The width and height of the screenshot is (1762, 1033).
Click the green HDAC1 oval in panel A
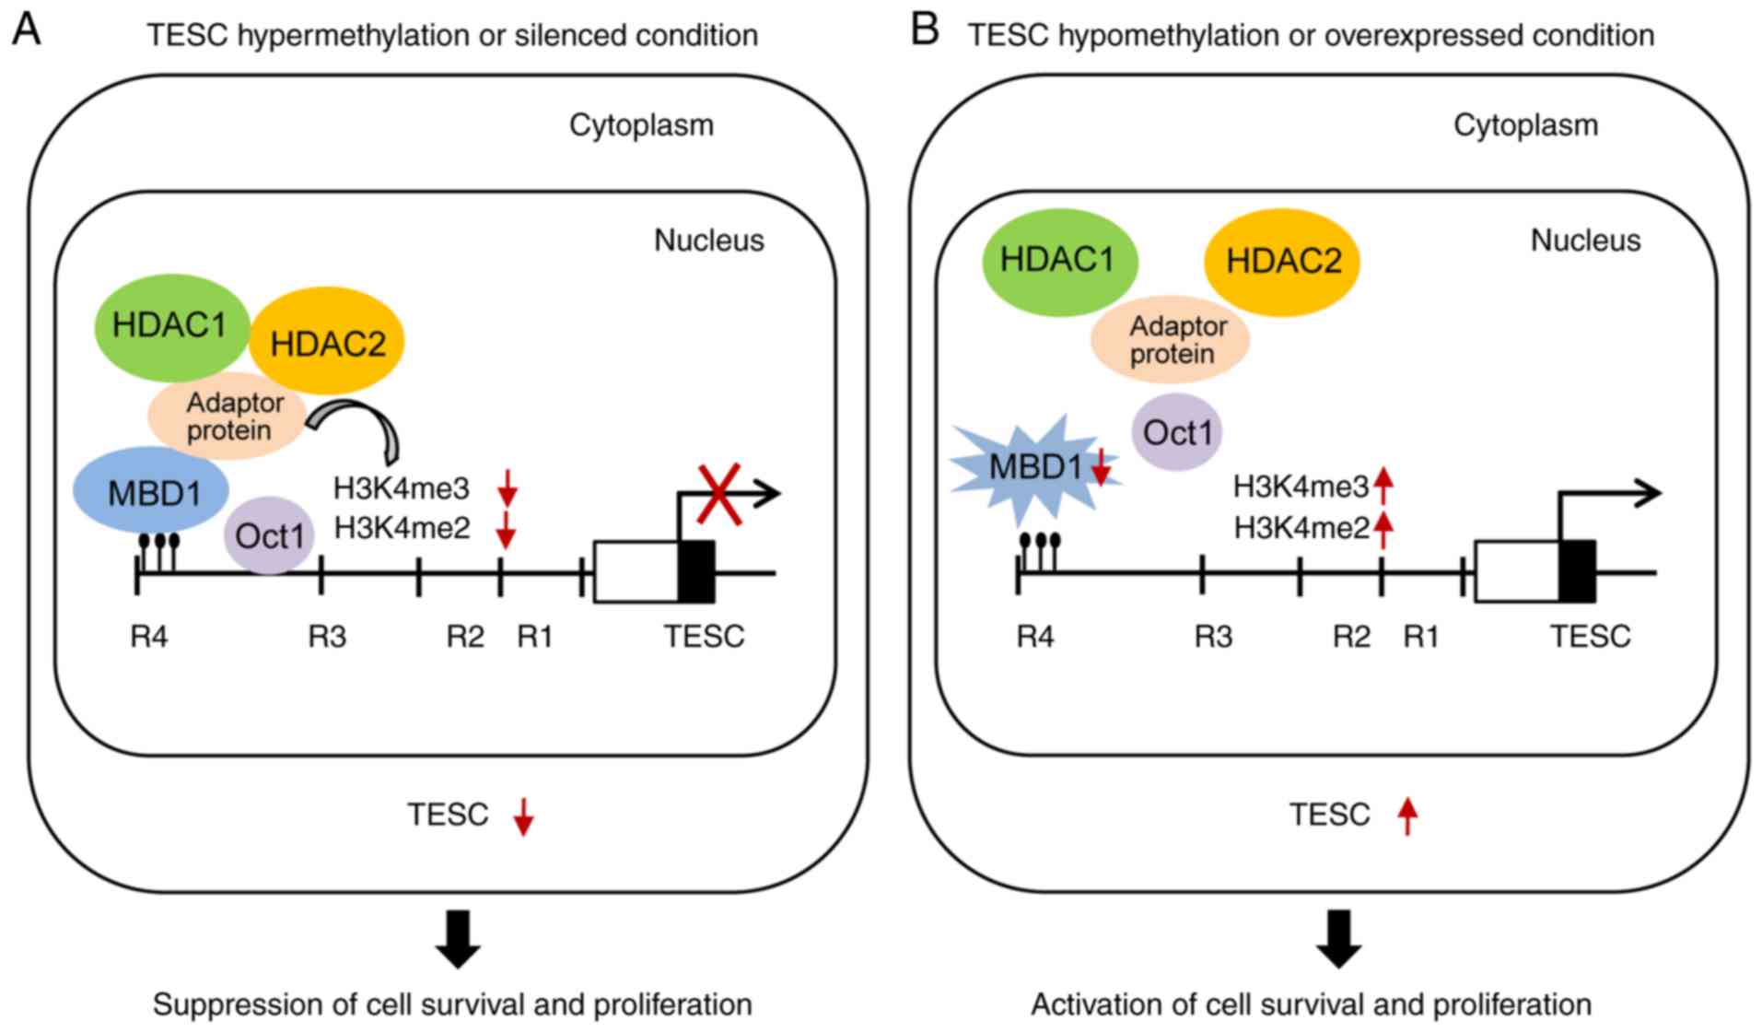tap(171, 326)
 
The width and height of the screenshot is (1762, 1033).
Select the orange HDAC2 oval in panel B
tap(1282, 262)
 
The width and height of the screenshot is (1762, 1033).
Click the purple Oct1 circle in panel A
tap(268, 535)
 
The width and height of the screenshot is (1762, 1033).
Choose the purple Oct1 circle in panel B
tap(1176, 432)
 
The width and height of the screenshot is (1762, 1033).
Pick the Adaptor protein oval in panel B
tap(1171, 340)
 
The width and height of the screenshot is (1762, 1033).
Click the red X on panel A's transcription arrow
tap(719, 495)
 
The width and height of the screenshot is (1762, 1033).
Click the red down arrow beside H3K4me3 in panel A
tap(508, 487)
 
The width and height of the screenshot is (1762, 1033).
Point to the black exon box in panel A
tap(696, 571)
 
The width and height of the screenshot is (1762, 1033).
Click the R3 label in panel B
tap(1212, 637)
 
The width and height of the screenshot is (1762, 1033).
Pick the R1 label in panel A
tap(534, 637)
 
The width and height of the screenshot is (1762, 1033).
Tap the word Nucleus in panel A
tap(708, 241)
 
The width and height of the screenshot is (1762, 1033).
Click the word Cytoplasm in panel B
tap(1524, 125)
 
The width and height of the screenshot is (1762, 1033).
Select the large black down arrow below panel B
tap(1338, 938)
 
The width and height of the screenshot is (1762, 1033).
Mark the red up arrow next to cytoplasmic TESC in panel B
tap(1406, 816)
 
